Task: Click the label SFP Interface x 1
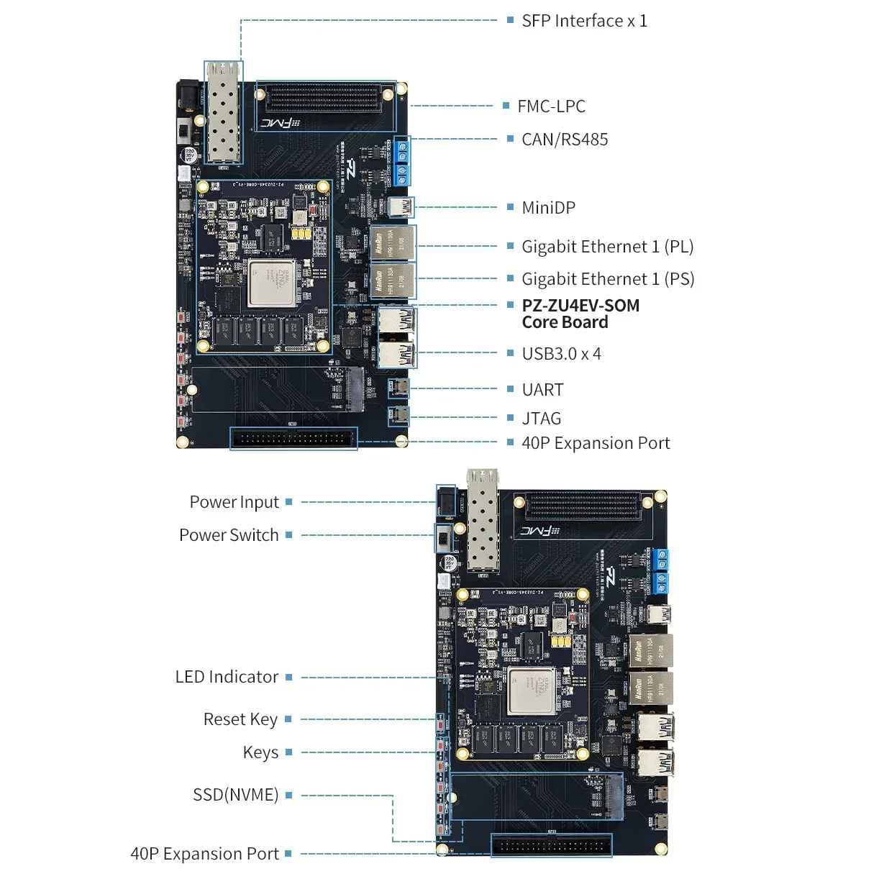coord(584,21)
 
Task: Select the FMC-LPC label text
coord(551,106)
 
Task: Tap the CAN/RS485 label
coord(565,140)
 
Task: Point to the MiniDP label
coord(548,208)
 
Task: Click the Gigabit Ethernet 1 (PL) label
coord(607,247)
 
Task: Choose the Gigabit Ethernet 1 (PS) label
coord(608,279)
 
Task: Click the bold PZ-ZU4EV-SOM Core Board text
coord(580,314)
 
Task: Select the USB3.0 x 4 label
coord(561,354)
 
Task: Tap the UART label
coord(542,390)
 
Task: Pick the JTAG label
coord(541,419)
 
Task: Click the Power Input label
coord(234,502)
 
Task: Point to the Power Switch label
coord(229,535)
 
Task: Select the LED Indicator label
coord(227,677)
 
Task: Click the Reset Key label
coord(240,719)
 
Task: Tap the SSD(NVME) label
coord(235,795)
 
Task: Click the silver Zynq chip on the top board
coord(272,283)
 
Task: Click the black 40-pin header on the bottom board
coord(552,845)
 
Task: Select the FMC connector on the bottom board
coord(583,506)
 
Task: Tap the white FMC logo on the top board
coord(280,123)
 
